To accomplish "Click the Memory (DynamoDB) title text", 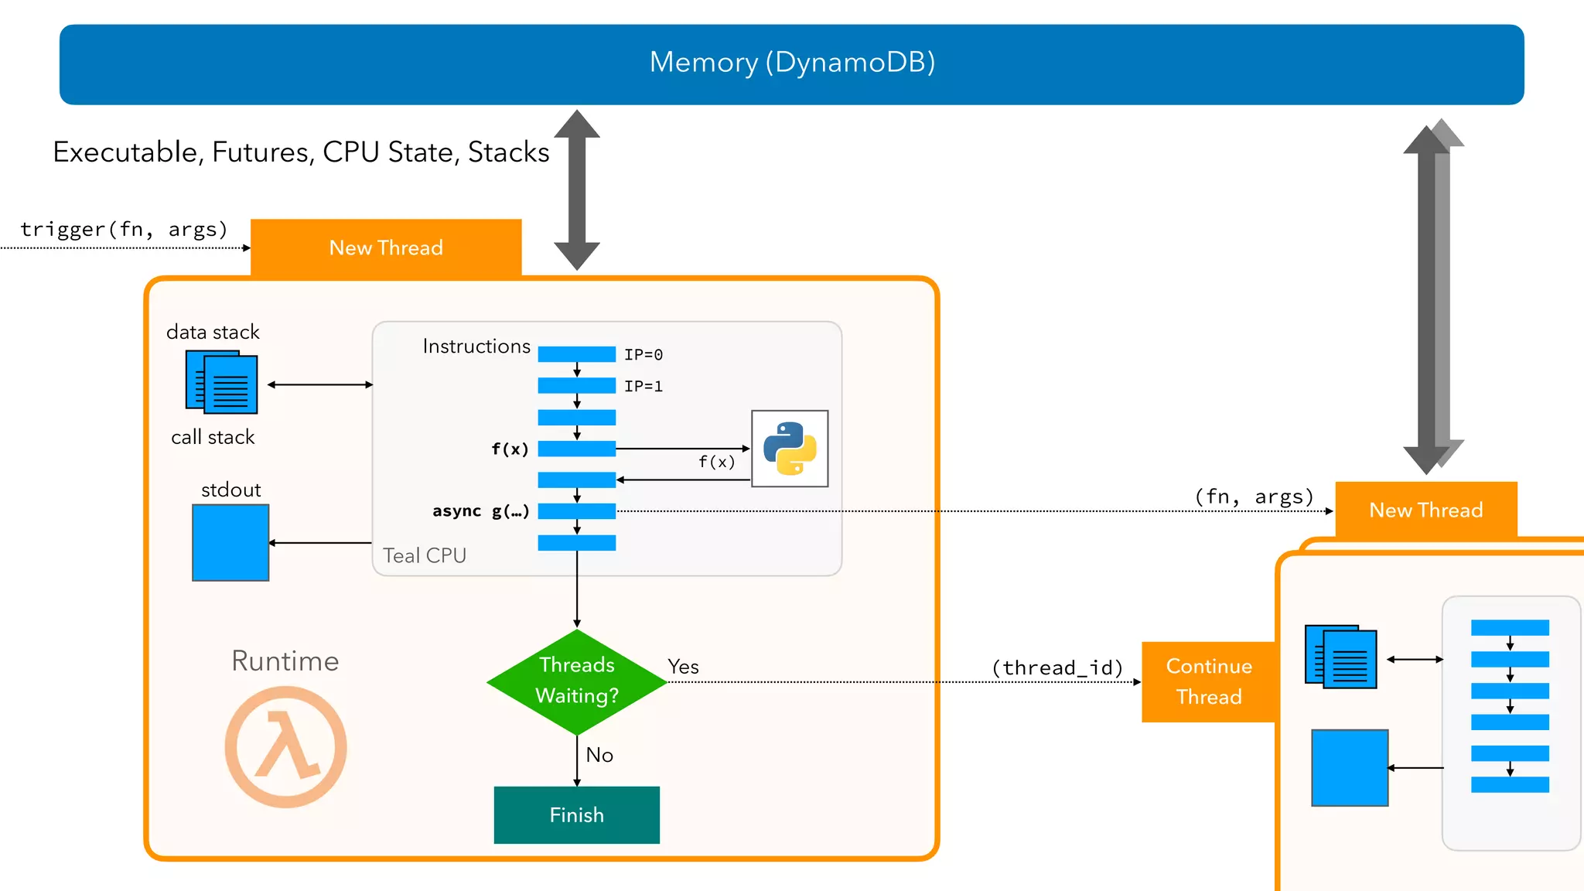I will pos(792,62).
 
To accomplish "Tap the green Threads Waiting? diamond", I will pos(577,681).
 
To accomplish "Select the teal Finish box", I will pos(577,815).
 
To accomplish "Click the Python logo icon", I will pos(790,449).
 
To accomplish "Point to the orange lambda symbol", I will pos(286,747).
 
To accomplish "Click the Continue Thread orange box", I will pos(1209,681).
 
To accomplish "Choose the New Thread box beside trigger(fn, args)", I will pos(386,247).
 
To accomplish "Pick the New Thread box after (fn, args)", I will pos(1425,510).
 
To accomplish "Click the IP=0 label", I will pos(643,355).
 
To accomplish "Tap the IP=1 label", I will pos(643,387).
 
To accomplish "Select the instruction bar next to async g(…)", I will pos(577,511).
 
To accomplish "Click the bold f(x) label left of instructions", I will pos(510,449).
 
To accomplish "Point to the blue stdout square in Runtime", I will pos(230,542).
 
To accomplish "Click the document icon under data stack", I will pos(221,382).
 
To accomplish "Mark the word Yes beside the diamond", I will pos(683,667).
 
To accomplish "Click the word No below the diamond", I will pos(599,755).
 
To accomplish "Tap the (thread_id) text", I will pos(1057,667).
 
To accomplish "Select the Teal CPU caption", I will pos(425,555).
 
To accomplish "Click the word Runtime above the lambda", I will pos(285,661).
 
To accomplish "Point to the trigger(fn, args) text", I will pos(124,229).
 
